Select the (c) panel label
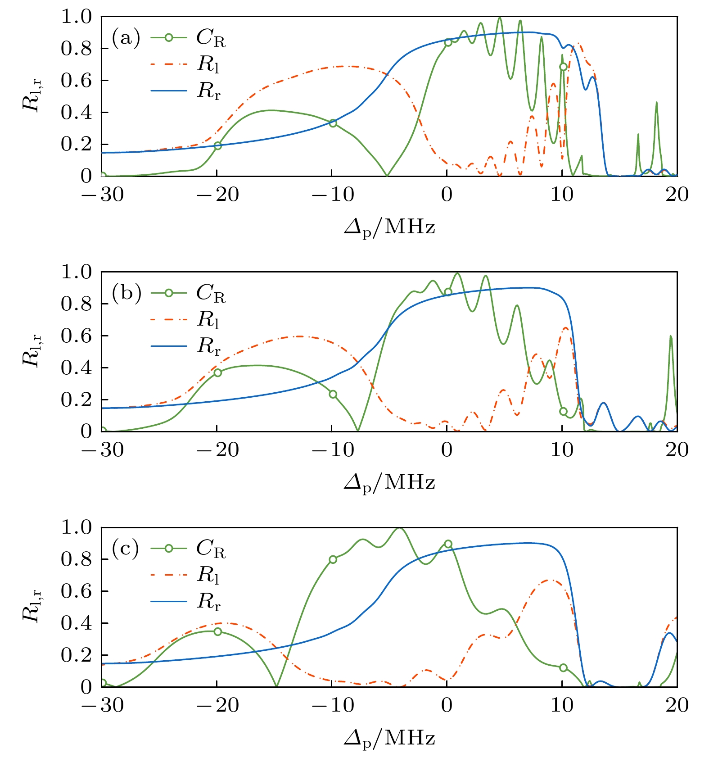[126, 549]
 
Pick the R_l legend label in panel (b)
[208, 320]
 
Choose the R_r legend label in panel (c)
[208, 602]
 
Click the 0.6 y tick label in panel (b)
[77, 336]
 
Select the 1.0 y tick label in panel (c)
[77, 527]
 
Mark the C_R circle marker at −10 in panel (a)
[333, 123]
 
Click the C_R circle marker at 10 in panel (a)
[563, 67]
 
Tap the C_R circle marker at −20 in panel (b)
[217, 372]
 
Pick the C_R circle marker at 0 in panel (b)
[448, 292]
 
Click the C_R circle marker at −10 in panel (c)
[333, 559]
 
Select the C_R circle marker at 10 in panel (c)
[563, 667]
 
